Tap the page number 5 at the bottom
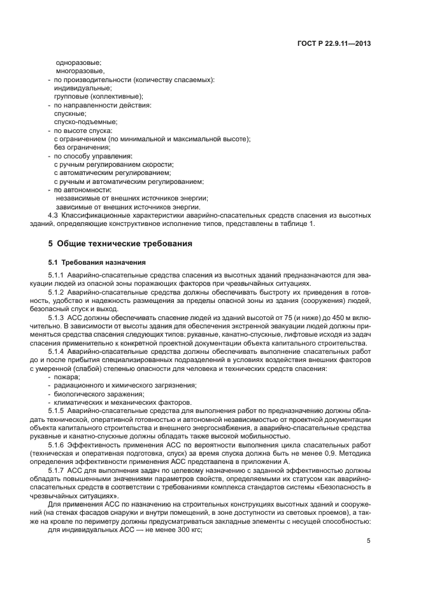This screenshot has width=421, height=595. tap(369, 541)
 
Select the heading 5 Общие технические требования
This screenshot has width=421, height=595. tap(120, 243)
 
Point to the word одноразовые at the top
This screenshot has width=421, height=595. tap(78, 63)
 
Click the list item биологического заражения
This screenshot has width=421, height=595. tap(90, 394)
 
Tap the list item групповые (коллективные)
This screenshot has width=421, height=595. tap(98, 96)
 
